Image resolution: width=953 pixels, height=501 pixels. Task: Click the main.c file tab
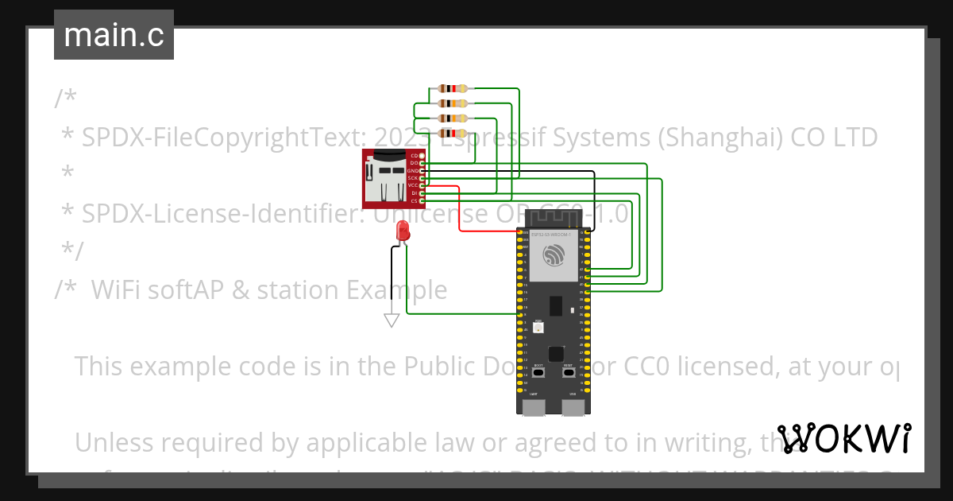pyautogui.click(x=114, y=36)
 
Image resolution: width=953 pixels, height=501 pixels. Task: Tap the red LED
pyautogui.click(x=402, y=231)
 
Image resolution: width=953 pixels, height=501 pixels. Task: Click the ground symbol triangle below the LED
pyautogui.click(x=391, y=320)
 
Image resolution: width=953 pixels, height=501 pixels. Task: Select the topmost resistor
pyautogui.click(x=453, y=89)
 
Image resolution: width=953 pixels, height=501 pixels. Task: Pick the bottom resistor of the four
pyautogui.click(x=453, y=133)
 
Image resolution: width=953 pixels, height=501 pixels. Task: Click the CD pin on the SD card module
pyautogui.click(x=422, y=156)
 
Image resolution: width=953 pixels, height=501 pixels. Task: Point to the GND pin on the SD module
pyautogui.click(x=422, y=171)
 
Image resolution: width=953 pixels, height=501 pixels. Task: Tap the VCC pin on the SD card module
pyautogui.click(x=422, y=186)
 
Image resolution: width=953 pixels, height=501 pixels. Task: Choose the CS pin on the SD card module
pyautogui.click(x=422, y=201)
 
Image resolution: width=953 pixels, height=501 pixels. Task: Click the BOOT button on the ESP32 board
pyautogui.click(x=538, y=372)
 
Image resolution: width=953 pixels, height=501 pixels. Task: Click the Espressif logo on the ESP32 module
pyautogui.click(x=553, y=255)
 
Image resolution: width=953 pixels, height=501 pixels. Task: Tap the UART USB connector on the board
pyautogui.click(x=533, y=407)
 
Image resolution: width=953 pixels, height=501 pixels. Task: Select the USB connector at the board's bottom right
pyautogui.click(x=573, y=407)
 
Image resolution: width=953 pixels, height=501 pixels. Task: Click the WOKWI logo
pyautogui.click(x=843, y=438)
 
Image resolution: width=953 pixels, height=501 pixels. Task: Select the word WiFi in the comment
pyautogui.click(x=118, y=290)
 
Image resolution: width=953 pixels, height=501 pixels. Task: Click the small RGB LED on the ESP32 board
pyautogui.click(x=538, y=328)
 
